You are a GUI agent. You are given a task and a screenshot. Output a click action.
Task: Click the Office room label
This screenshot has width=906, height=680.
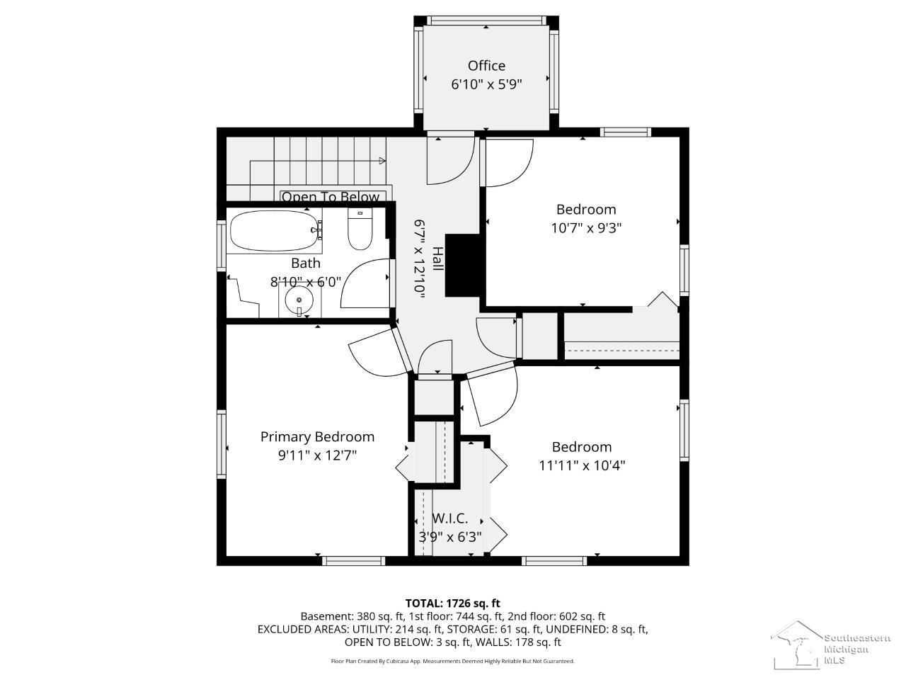click(486, 66)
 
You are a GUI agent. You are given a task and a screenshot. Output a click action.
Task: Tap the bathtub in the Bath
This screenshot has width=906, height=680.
click(274, 230)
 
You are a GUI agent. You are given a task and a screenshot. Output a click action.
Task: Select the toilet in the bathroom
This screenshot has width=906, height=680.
click(360, 229)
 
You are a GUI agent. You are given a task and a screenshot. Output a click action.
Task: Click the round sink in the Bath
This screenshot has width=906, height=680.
click(299, 300)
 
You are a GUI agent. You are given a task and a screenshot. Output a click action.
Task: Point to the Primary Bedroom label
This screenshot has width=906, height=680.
click(317, 437)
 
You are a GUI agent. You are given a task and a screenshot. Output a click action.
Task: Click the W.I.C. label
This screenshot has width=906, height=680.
click(450, 518)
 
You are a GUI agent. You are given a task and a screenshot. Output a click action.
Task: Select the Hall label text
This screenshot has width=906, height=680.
click(438, 259)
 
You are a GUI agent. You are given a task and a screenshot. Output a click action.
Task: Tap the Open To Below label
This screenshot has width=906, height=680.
click(331, 196)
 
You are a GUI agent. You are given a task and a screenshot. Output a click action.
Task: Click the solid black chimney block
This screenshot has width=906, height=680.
click(462, 266)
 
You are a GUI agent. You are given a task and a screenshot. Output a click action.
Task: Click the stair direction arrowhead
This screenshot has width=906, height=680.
click(382, 161)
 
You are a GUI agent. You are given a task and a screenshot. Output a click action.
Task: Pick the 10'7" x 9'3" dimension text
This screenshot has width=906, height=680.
click(586, 228)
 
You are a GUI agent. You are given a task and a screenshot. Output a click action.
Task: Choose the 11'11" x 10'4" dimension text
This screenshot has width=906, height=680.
click(582, 465)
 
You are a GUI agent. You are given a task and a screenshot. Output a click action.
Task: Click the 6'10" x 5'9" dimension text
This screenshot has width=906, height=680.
click(486, 84)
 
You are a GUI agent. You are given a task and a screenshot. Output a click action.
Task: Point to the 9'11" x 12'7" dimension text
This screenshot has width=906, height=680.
click(317, 455)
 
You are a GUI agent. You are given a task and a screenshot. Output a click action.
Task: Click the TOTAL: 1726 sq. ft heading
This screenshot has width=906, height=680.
click(453, 603)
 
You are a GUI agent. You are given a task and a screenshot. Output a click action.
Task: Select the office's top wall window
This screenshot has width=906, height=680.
click(486, 21)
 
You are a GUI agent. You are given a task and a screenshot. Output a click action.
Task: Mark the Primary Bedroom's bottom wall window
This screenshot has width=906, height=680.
click(353, 561)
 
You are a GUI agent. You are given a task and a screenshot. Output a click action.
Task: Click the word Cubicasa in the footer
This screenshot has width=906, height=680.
click(395, 661)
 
